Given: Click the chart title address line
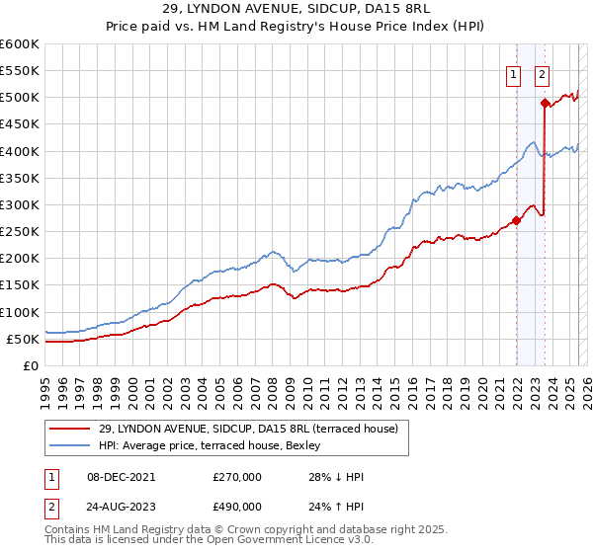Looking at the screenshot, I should pyautogui.click(x=296, y=12).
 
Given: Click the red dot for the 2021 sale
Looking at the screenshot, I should pyautogui.click(x=516, y=220).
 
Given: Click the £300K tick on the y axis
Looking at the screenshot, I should pyautogui.click(x=20, y=204).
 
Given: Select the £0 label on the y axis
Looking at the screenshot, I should pyautogui.click(x=30, y=365).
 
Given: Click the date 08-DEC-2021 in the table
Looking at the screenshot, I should pyautogui.click(x=110, y=477).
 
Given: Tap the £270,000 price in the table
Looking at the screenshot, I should pyautogui.click(x=237, y=477).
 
